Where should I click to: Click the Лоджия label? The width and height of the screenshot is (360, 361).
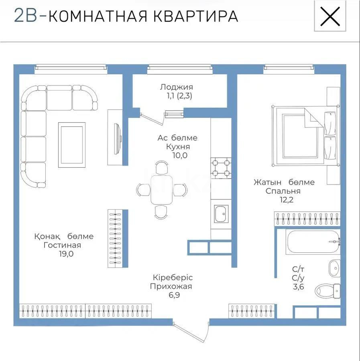pos(176,87)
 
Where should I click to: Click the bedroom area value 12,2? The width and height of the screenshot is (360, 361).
pos(285,200)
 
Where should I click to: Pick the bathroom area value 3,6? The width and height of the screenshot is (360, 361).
pos(298,287)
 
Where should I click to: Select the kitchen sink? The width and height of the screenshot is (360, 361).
pos(221,214)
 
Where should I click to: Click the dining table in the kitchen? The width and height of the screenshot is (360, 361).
pos(161,190)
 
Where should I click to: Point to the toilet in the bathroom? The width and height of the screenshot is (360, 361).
pos(327,290)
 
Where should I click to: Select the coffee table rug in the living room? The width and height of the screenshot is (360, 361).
pos(72,144)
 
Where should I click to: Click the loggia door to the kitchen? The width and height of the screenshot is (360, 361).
pos(153,118)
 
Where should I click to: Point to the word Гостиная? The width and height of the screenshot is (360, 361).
pos(63,245)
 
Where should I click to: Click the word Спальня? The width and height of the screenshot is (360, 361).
pos(283,191)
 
